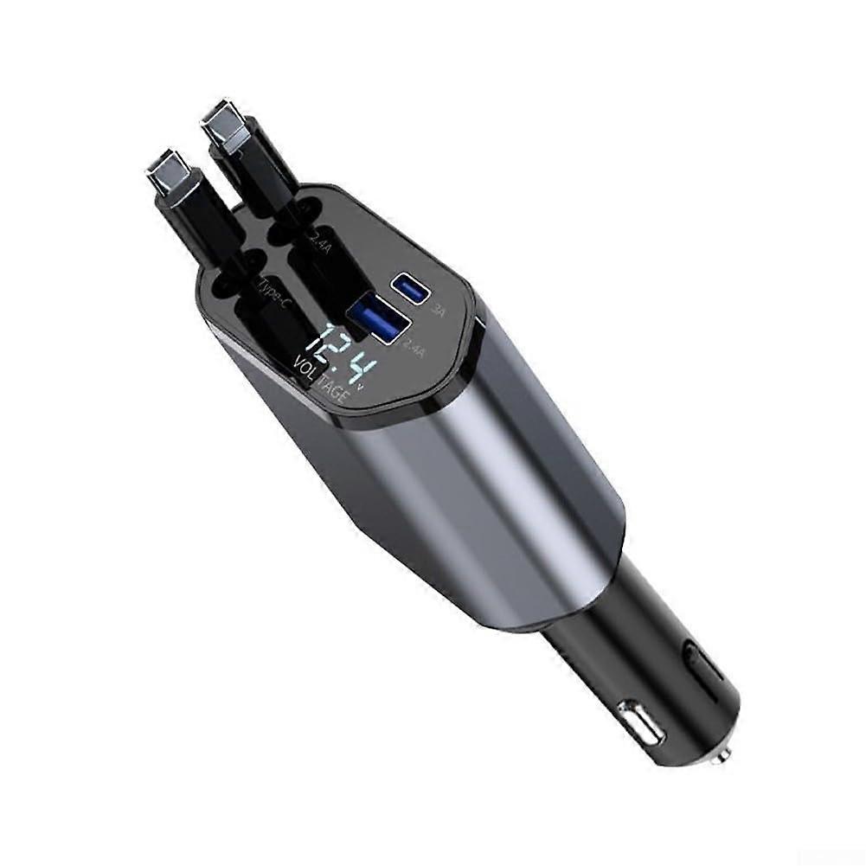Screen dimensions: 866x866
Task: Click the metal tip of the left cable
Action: (164, 170)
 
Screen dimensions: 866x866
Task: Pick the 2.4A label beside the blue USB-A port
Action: (414, 350)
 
